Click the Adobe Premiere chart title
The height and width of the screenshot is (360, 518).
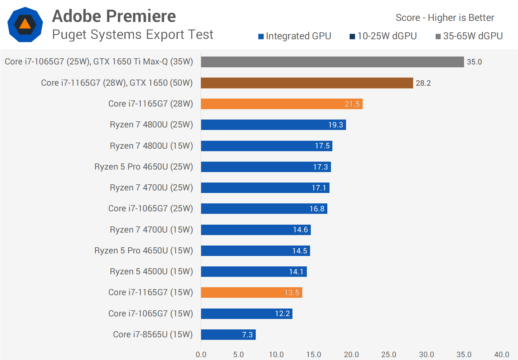(x=114, y=16)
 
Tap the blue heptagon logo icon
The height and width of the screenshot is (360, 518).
(x=25, y=24)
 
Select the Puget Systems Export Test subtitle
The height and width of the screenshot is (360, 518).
(x=132, y=35)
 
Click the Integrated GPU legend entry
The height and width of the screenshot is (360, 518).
(x=295, y=36)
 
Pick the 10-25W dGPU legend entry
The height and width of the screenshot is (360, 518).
(x=383, y=36)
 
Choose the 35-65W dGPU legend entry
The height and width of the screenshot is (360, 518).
(x=469, y=36)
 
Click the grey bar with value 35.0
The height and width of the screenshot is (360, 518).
(x=332, y=62)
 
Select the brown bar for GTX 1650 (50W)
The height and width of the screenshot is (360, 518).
(x=306, y=83)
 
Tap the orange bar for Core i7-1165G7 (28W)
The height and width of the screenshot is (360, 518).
(x=281, y=104)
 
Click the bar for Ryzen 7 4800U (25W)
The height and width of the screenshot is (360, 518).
(x=273, y=125)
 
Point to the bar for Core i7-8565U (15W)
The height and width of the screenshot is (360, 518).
(x=228, y=334)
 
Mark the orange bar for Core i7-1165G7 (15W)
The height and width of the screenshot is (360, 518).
(x=251, y=293)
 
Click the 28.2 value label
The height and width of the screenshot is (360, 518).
(x=423, y=83)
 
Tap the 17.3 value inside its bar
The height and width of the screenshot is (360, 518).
(x=320, y=167)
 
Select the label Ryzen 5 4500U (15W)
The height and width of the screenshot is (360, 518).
(x=151, y=271)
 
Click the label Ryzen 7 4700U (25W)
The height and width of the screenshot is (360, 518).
(x=151, y=188)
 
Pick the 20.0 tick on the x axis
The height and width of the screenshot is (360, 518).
(x=351, y=355)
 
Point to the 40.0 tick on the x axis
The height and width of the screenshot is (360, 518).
(x=501, y=355)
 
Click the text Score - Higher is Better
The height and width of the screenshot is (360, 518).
(x=445, y=18)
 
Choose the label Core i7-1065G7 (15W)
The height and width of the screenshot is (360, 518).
(x=150, y=314)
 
